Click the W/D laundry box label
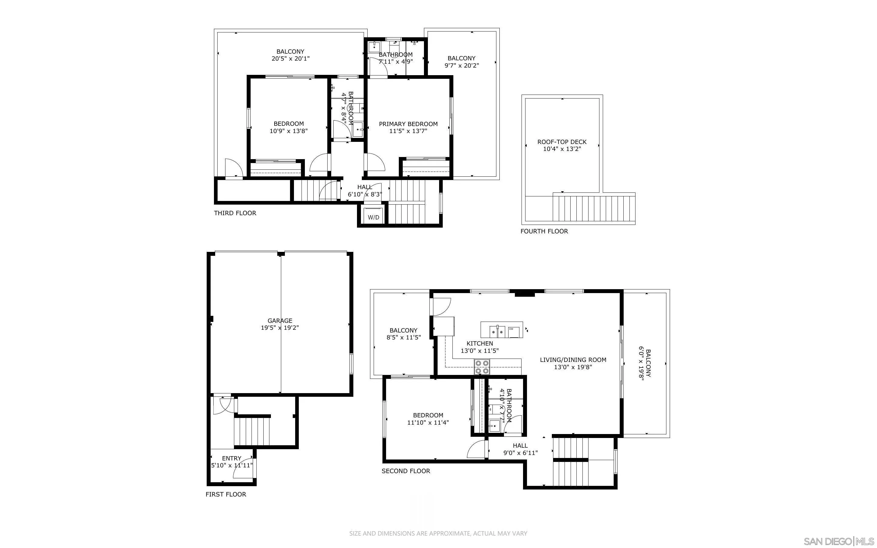373,217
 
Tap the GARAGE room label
280,320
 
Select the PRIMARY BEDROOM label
408,124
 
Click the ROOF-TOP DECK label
562,142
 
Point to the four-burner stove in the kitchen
482,367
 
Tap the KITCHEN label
480,343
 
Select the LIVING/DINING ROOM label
573,359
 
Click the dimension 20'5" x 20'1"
291,59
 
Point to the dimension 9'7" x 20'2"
462,65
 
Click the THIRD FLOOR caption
235,213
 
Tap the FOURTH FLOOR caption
544,231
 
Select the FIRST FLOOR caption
226,494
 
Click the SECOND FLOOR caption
406,471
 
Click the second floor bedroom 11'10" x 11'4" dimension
428,423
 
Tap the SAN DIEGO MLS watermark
838,541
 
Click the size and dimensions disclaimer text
438,533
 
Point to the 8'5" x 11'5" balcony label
403,334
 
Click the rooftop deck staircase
594,209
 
